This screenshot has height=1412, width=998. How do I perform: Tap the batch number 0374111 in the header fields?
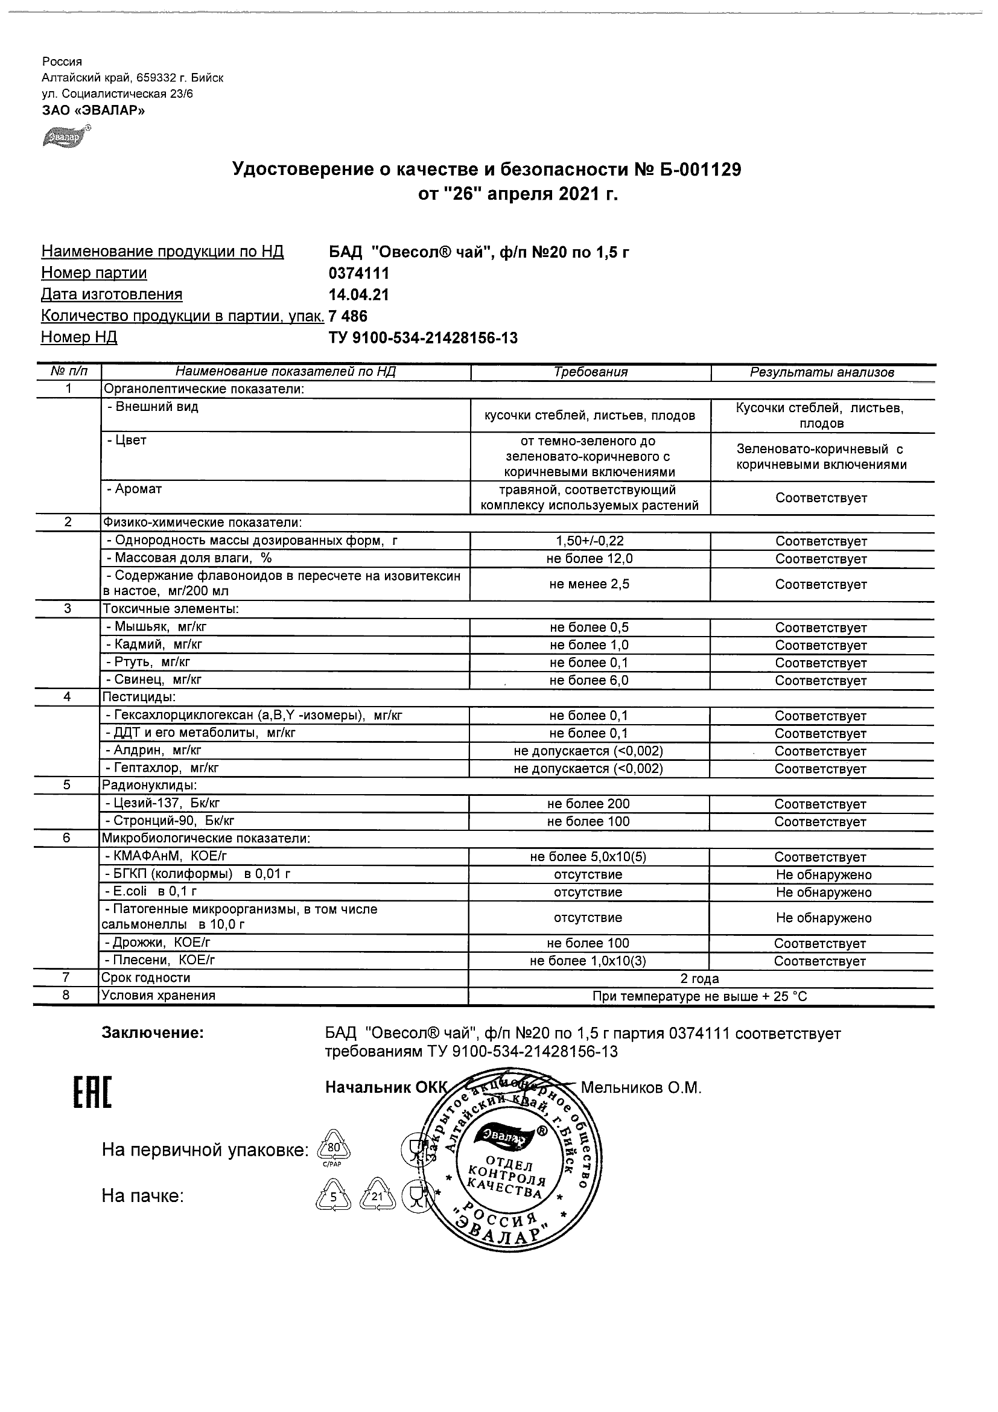click(359, 273)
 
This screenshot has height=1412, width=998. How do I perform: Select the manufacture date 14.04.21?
click(359, 294)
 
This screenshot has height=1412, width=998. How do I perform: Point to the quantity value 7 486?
click(348, 316)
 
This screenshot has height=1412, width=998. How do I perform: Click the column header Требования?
click(590, 372)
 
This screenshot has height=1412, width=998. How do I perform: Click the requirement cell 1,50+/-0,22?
click(590, 541)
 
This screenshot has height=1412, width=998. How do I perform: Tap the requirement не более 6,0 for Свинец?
click(589, 680)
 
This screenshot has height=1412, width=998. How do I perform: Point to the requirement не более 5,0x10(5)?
click(588, 857)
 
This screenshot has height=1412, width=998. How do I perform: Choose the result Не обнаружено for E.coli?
click(824, 892)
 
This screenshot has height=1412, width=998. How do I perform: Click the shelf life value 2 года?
click(700, 978)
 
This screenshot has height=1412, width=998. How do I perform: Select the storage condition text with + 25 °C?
click(700, 996)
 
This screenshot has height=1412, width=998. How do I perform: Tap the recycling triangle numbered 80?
click(332, 1148)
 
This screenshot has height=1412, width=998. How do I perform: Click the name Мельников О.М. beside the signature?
click(641, 1088)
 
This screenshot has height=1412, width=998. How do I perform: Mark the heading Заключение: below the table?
click(153, 1033)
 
